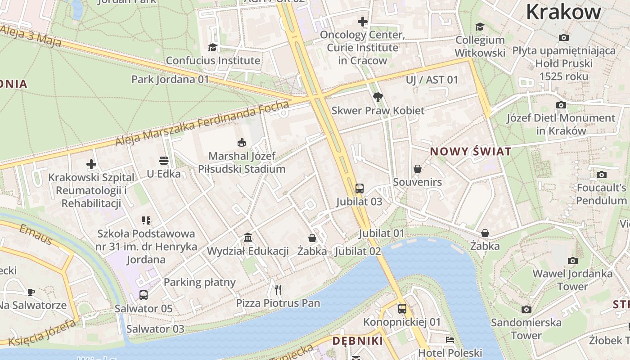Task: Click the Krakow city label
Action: (x=563, y=12)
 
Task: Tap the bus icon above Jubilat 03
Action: (x=359, y=188)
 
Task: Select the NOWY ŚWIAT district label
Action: (x=471, y=152)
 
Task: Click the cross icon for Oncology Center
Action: (x=362, y=22)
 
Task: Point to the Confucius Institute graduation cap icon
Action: (x=212, y=47)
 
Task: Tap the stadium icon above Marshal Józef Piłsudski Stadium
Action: (x=242, y=143)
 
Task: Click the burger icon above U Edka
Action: (x=163, y=161)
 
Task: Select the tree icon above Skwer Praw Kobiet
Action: (x=378, y=97)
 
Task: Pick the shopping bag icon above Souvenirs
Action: (x=418, y=169)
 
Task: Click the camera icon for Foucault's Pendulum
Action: (x=601, y=175)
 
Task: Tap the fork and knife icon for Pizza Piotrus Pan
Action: (x=278, y=289)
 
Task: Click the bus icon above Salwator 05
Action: (x=143, y=295)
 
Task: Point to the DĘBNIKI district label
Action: (x=357, y=341)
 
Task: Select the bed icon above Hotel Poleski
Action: (x=450, y=340)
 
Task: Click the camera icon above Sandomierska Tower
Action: (x=526, y=309)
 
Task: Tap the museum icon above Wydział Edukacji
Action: (x=247, y=237)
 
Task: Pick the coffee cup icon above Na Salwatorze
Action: (x=31, y=292)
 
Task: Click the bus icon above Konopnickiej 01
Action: (x=402, y=309)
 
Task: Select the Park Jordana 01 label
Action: (x=170, y=80)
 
